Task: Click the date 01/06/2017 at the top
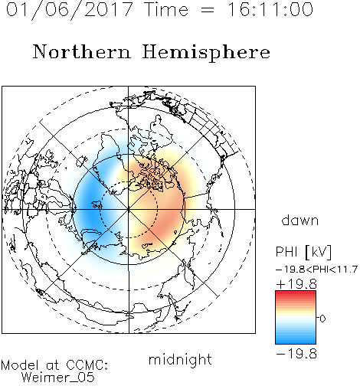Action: point(69,10)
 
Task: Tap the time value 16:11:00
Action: point(270,9)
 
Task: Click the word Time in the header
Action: point(166,9)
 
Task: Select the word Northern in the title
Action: point(82,51)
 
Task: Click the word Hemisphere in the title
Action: point(206,53)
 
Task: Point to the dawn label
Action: point(300,220)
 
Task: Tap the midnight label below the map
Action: point(180,359)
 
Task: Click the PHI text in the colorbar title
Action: point(286,252)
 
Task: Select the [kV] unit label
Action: point(319,252)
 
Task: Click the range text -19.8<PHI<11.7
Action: point(317,270)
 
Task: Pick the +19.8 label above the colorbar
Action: point(296,284)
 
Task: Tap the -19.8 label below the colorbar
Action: point(296,354)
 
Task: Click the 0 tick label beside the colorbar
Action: point(322,319)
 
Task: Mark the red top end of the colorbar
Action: point(296,293)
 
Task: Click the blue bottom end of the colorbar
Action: point(296,342)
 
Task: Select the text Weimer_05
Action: point(58,377)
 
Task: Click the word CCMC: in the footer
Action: point(87,365)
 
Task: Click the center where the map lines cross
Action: point(129,209)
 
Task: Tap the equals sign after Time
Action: point(208,11)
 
